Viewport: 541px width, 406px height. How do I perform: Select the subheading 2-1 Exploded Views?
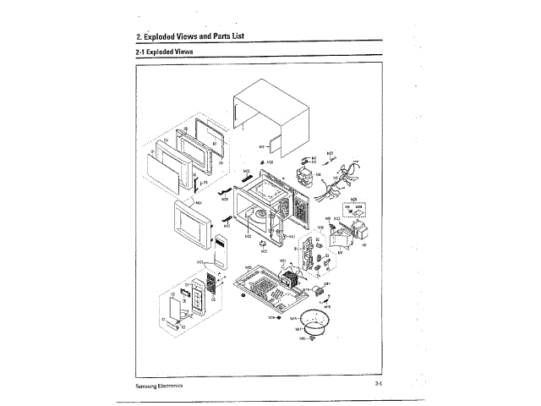click(164, 52)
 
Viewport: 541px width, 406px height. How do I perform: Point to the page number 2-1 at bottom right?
click(380, 384)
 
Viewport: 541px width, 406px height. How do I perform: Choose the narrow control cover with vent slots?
click(219, 250)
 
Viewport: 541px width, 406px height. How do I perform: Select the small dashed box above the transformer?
click(355, 206)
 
